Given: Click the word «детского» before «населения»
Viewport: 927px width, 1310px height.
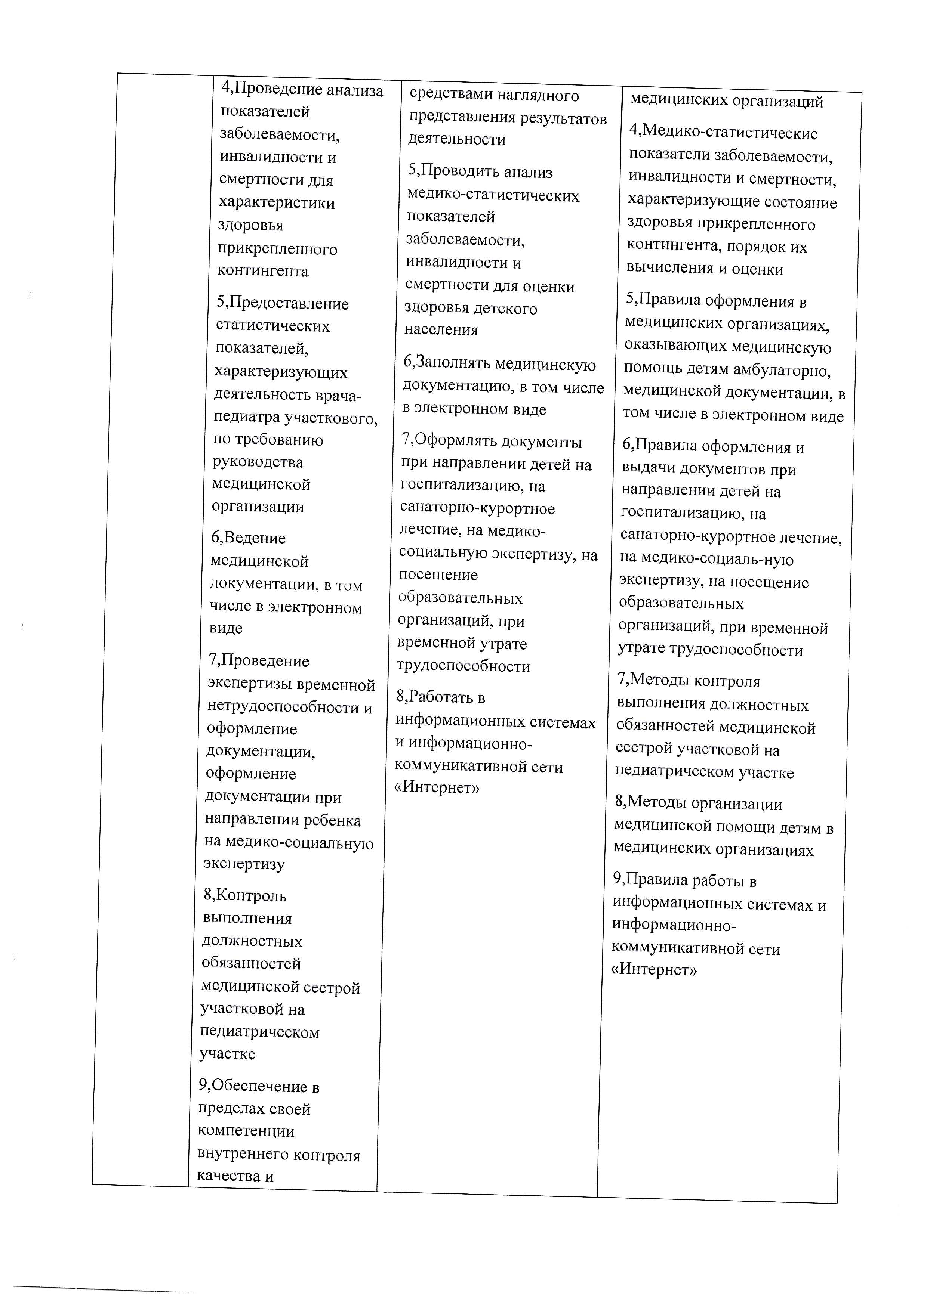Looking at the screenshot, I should coord(505,309).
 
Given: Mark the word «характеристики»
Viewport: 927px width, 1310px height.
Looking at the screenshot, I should coord(277,202).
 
